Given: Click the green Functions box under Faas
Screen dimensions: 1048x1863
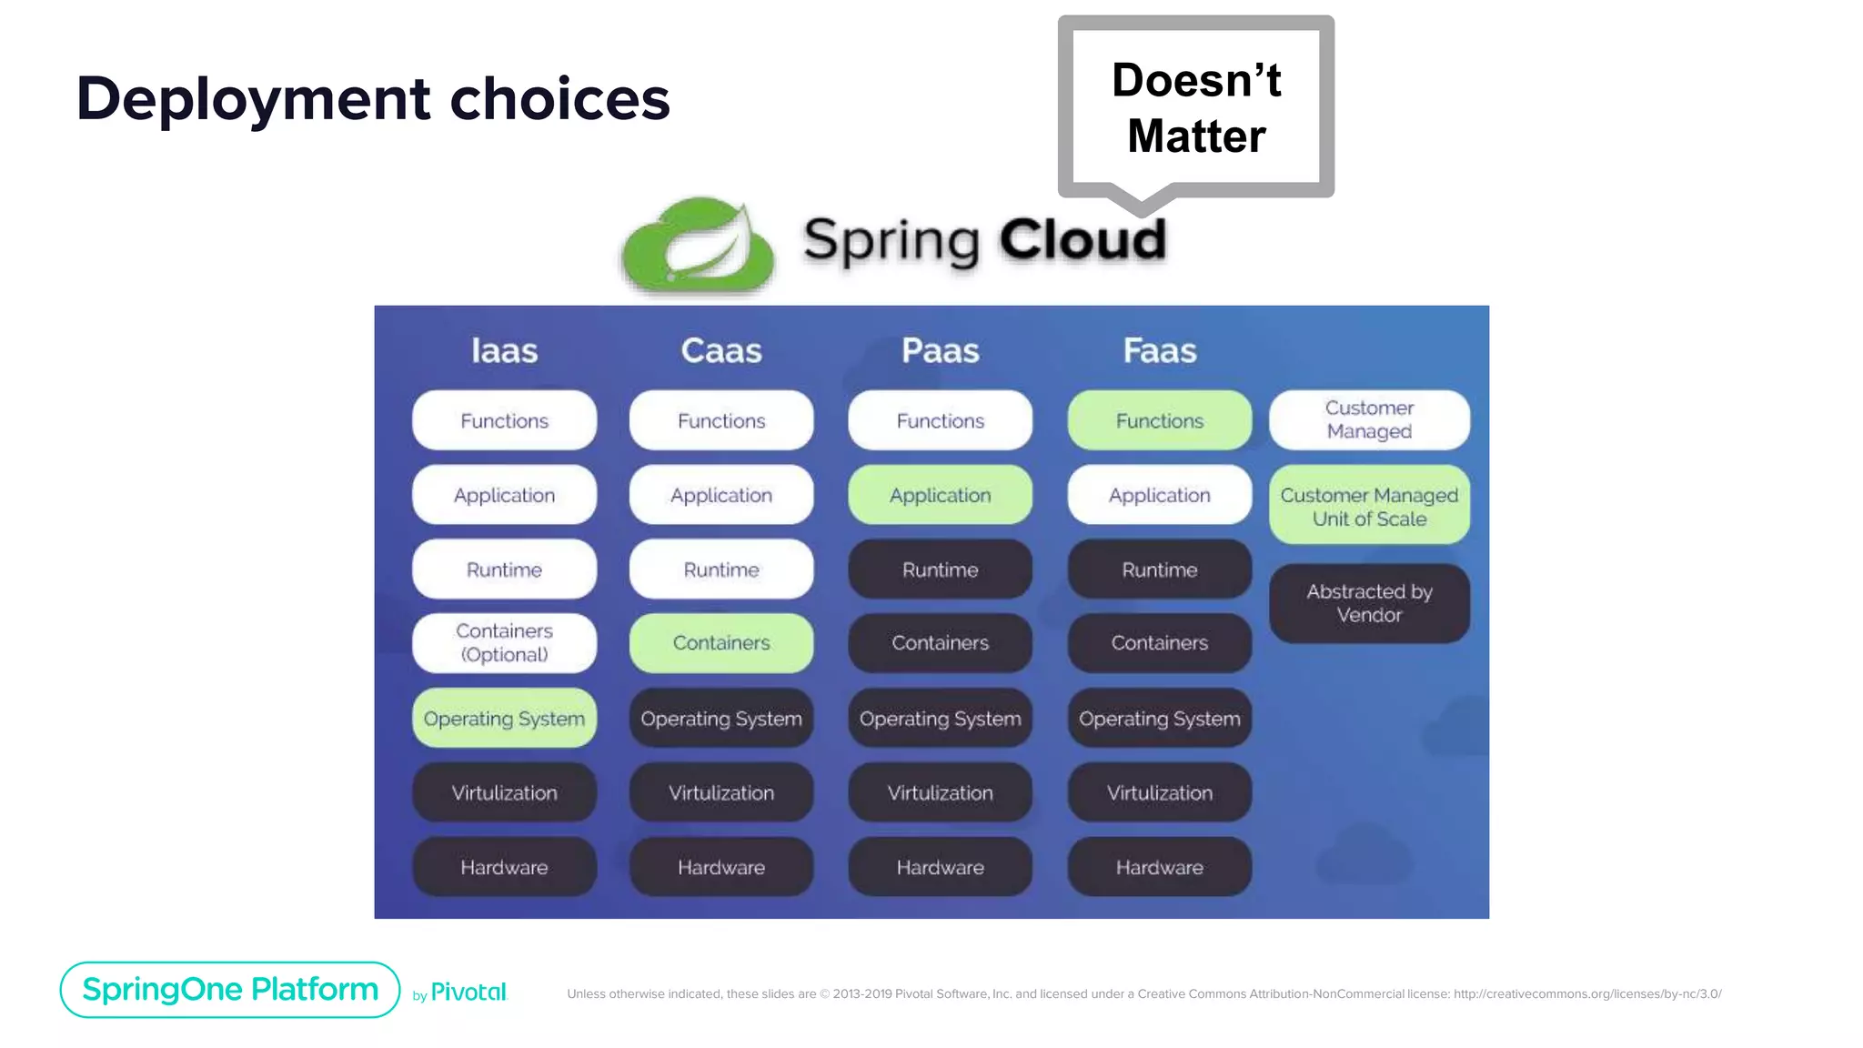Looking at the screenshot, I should tap(1159, 420).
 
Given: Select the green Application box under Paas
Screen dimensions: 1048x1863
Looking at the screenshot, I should tap(940, 495).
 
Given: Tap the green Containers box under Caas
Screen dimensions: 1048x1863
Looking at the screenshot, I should tap(721, 643).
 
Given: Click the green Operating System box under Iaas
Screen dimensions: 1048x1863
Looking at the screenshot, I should tap(504, 719).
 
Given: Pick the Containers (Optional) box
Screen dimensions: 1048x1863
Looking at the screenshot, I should tap(504, 643).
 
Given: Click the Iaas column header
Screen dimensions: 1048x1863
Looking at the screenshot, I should tap(504, 351).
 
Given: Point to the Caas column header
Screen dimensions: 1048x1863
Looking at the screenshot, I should tap(721, 351).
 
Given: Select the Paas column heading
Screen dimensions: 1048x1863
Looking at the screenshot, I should tap(940, 351).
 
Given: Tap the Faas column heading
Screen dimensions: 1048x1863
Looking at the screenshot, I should tap(1159, 351).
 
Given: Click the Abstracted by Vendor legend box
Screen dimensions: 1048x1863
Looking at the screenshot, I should tap(1369, 603).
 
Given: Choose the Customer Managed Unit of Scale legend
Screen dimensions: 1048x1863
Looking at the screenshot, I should tap(1369, 506).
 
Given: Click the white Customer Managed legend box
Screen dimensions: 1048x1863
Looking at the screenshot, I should tap(1369, 419).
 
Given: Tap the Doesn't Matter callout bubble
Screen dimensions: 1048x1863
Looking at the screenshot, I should tap(1195, 107).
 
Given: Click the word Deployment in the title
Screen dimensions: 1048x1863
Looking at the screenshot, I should tap(253, 98).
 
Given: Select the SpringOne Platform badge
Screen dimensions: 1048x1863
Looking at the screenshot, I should tap(230, 990).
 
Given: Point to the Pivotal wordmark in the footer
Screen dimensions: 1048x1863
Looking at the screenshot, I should tap(468, 993).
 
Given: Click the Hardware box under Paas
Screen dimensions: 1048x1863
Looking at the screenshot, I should tap(940, 867).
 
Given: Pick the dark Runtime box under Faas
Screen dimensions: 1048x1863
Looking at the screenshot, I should tap(1159, 569).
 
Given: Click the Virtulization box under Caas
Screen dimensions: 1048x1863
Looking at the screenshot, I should tap(721, 792).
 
